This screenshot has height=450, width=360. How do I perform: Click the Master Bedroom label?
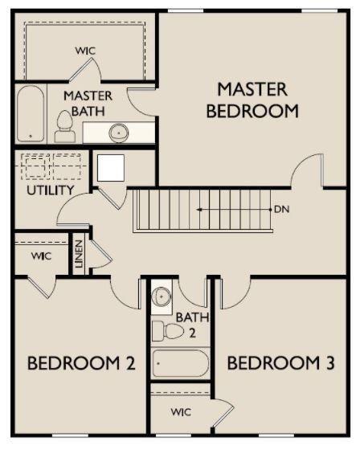click(x=252, y=100)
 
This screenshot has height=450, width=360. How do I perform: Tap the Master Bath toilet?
click(x=65, y=127)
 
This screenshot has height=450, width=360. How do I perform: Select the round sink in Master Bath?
click(x=119, y=133)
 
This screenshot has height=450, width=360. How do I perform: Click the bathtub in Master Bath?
click(x=31, y=113)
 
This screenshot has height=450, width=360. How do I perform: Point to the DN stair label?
click(x=281, y=209)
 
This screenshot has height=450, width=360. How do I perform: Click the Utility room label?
click(x=51, y=190)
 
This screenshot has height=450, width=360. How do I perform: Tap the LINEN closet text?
click(x=79, y=254)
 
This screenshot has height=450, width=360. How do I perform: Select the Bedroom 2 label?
click(x=81, y=362)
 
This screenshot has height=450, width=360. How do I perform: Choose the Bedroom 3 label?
click(x=280, y=362)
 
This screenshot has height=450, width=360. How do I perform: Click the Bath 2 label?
click(x=192, y=325)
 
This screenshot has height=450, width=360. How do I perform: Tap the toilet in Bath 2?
click(x=168, y=331)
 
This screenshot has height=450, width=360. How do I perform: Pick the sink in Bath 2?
click(x=162, y=297)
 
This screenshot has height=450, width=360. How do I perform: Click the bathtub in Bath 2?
click(x=181, y=363)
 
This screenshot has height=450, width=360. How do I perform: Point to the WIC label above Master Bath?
click(x=85, y=51)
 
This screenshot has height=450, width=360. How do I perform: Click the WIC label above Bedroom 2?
click(x=41, y=256)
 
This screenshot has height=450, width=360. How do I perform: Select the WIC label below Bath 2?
click(x=181, y=412)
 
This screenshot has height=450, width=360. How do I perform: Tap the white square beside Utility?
click(x=111, y=168)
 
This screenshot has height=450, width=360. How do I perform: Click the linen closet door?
click(x=101, y=254)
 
